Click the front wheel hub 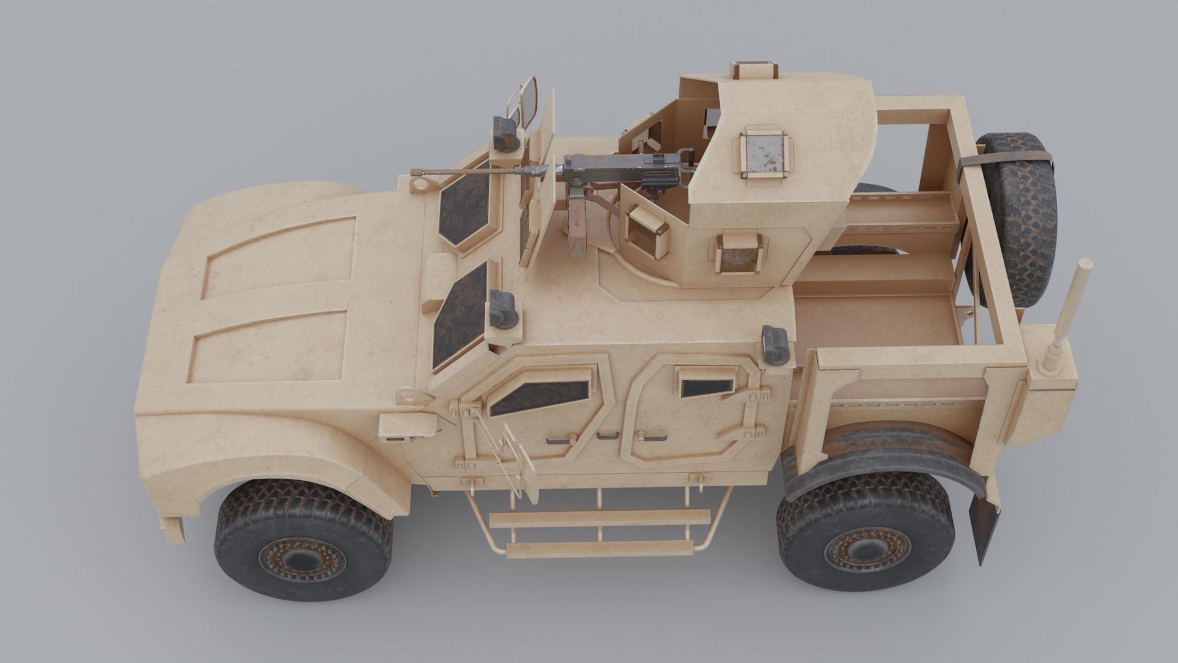pos(300,559)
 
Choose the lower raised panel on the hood pos(270,347)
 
